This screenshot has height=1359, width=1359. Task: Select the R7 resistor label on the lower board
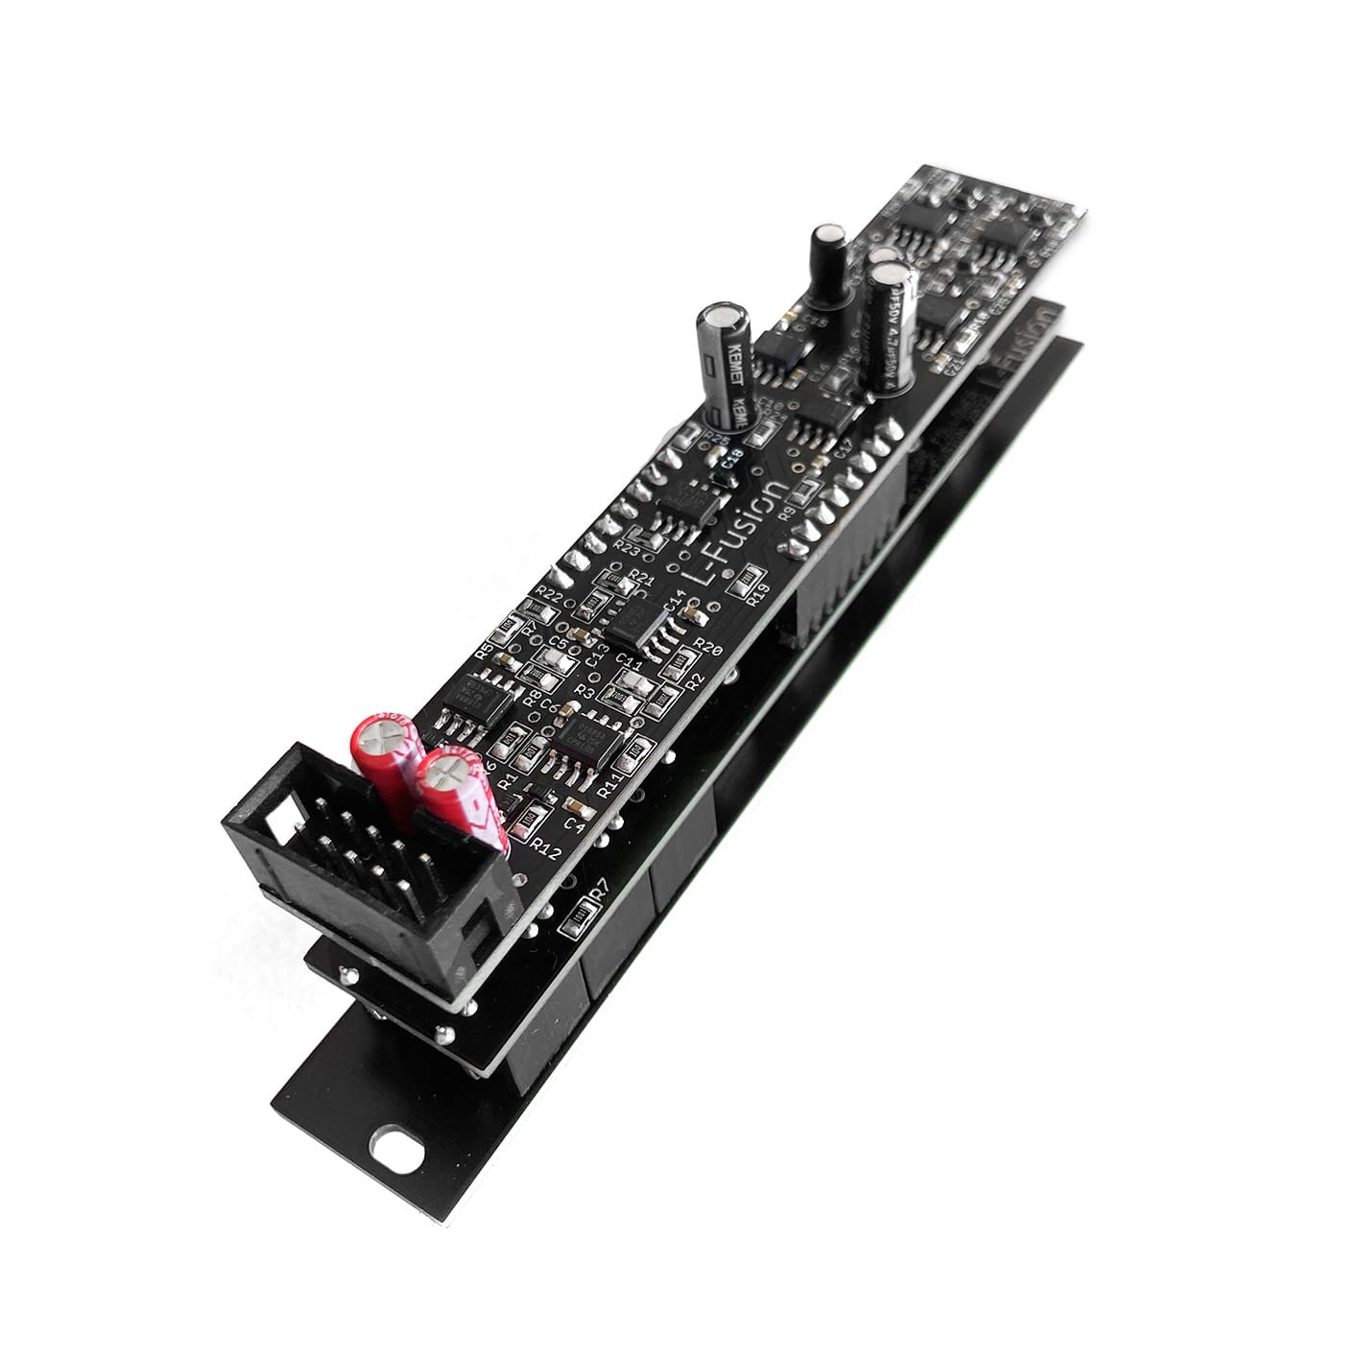click(599, 895)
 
